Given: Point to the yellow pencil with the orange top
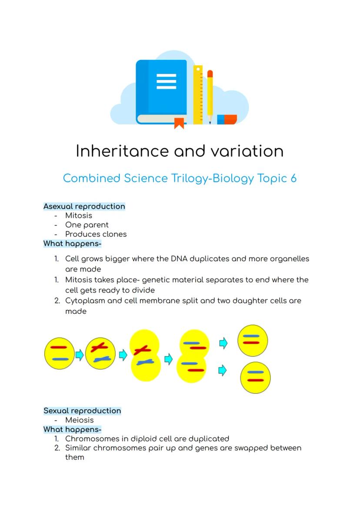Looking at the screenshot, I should click(210, 96).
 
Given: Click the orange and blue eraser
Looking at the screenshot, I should click(227, 120).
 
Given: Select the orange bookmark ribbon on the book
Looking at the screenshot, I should click(179, 123).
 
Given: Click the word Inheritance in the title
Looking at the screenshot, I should click(122, 151).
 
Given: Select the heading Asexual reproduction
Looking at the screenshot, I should click(84, 206).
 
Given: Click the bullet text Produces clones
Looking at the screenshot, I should click(96, 234).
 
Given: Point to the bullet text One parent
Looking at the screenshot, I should click(87, 225).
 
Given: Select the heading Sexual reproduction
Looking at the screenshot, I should click(82, 411).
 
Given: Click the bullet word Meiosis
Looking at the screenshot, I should click(79, 420).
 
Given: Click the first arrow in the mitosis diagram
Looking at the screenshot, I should click(80, 355).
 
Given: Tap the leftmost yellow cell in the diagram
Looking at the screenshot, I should click(59, 353).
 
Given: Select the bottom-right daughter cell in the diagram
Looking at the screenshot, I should click(255, 377).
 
